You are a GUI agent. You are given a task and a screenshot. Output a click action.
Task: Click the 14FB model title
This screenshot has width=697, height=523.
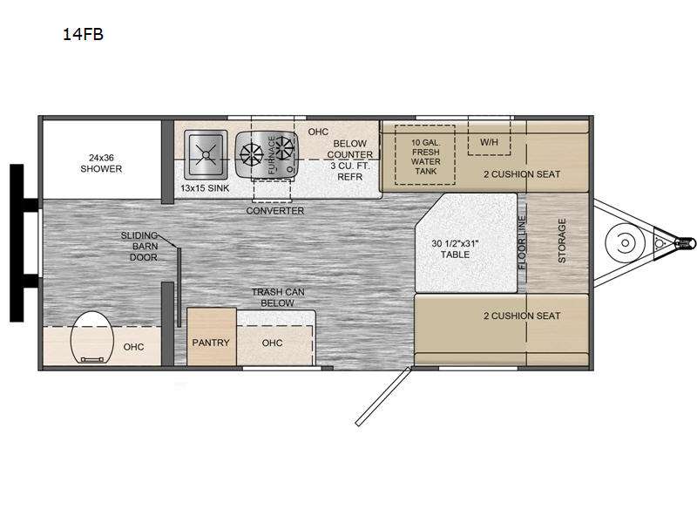click(x=83, y=34)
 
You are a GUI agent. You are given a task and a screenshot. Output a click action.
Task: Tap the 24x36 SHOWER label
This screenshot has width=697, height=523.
click(x=101, y=163)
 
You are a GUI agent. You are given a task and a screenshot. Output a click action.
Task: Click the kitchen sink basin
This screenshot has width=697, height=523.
click(x=206, y=154)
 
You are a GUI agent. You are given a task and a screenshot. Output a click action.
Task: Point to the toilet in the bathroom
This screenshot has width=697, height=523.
click(x=92, y=337)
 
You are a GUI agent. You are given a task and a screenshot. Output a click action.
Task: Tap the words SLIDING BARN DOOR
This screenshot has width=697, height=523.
click(x=139, y=247)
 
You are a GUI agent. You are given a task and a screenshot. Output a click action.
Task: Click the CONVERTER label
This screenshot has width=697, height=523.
click(x=275, y=210)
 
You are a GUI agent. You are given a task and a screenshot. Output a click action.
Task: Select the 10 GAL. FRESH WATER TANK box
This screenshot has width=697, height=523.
click(x=425, y=155)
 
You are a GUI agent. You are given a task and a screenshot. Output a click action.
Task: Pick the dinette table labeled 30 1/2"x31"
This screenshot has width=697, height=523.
click(x=466, y=243)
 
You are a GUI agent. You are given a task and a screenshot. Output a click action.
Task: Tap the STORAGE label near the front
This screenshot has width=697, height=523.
click(x=562, y=241)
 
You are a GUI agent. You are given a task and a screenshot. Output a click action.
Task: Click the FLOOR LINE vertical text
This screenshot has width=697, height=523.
click(x=522, y=242)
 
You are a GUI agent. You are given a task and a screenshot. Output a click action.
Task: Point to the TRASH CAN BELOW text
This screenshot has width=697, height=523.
click(x=278, y=297)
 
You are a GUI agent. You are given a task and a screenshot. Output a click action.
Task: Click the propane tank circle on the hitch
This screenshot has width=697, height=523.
click(x=625, y=243)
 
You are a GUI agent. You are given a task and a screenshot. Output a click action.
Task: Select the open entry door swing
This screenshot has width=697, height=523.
click(x=382, y=397)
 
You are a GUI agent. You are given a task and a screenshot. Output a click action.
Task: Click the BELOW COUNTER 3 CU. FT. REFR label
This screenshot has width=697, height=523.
click(x=350, y=160)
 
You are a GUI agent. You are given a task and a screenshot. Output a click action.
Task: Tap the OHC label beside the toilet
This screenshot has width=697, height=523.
click(x=133, y=347)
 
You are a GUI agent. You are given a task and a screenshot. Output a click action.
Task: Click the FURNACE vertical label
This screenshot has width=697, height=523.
click(x=272, y=155)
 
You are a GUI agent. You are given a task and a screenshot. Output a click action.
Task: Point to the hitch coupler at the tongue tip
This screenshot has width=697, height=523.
click(x=685, y=243)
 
